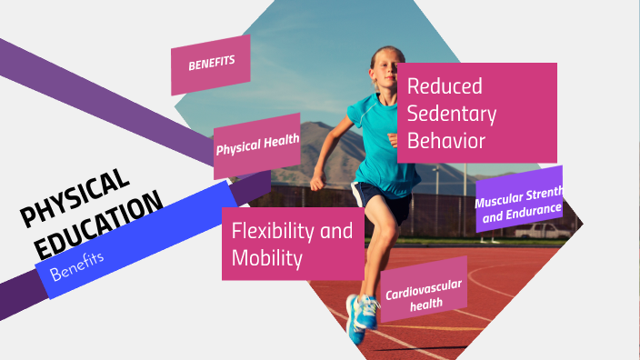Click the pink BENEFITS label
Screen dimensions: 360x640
click(x=211, y=65)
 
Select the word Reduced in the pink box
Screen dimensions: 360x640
click(x=444, y=86)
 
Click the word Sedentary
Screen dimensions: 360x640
click(x=452, y=114)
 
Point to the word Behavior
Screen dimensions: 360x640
click(x=446, y=141)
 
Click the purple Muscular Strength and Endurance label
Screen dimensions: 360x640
click(x=518, y=199)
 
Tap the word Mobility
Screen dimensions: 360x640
click(x=266, y=257)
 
